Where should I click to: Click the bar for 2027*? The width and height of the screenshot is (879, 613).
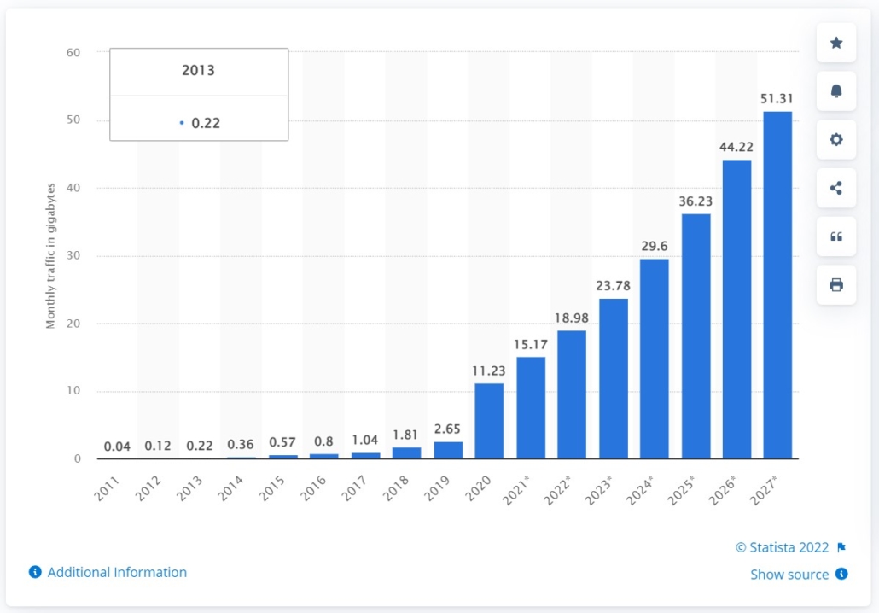(777, 285)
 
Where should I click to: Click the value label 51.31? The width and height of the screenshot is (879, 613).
(777, 99)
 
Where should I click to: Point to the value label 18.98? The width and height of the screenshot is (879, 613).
(572, 318)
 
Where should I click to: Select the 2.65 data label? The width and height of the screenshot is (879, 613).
(448, 429)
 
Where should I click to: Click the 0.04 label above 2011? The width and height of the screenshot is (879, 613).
(118, 446)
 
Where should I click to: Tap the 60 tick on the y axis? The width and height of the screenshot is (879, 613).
(73, 52)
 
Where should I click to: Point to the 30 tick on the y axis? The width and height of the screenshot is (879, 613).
(73, 256)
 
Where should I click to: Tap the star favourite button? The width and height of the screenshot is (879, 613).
(836, 43)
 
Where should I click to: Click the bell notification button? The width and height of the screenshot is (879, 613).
(836, 91)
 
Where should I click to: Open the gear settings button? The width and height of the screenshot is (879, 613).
(836, 140)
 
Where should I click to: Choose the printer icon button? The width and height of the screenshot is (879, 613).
(836, 285)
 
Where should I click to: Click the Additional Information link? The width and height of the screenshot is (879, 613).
(116, 572)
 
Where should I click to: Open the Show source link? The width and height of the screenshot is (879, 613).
(789, 575)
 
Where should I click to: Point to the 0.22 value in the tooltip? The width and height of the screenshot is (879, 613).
(206, 123)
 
